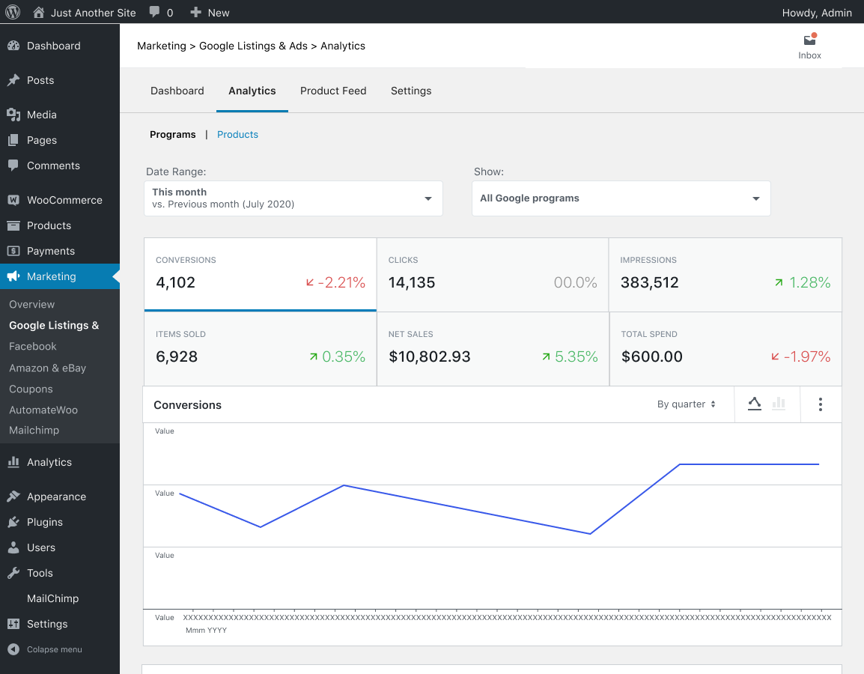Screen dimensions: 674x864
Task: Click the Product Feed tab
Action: [333, 91]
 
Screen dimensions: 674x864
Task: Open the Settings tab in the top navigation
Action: [411, 91]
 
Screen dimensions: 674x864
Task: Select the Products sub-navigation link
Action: [237, 135]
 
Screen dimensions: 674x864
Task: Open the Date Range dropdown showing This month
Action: [293, 198]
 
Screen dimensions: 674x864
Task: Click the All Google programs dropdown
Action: [621, 198]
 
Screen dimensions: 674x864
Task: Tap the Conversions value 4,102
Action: [176, 282]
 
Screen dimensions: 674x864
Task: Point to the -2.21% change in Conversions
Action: [335, 282]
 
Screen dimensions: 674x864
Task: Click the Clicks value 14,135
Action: [412, 282]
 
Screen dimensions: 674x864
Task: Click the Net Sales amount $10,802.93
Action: [430, 356]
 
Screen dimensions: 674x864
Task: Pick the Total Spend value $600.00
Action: [652, 356]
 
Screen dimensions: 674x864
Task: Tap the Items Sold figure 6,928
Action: [177, 356]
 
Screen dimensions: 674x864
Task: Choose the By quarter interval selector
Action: [686, 404]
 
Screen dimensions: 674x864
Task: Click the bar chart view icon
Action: [779, 404]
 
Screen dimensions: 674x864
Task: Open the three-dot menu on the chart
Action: [821, 404]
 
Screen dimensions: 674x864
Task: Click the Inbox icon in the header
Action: [809, 41]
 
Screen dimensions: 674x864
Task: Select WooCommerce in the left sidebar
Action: [64, 200]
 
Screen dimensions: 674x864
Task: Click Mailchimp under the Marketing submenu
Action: [34, 431]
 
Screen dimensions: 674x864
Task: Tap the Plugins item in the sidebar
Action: [45, 522]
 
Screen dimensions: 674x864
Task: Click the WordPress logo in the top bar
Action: [13, 12]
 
